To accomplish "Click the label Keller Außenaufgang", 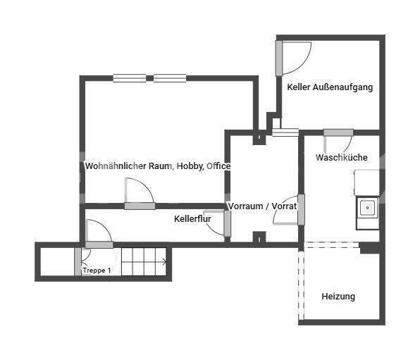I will click(x=330, y=87).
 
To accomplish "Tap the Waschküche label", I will click(x=341, y=158).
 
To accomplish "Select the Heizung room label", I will click(x=338, y=297).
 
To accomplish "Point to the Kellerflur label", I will click(x=192, y=219).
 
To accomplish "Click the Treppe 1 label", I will click(x=97, y=271).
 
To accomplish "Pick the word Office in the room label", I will click(x=218, y=166).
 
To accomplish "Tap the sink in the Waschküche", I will click(x=367, y=208).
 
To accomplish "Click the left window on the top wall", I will click(x=130, y=78).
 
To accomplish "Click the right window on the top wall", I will click(x=170, y=78).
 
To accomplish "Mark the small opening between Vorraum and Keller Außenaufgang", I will click(x=285, y=131).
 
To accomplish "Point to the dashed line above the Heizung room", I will click(x=331, y=244).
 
